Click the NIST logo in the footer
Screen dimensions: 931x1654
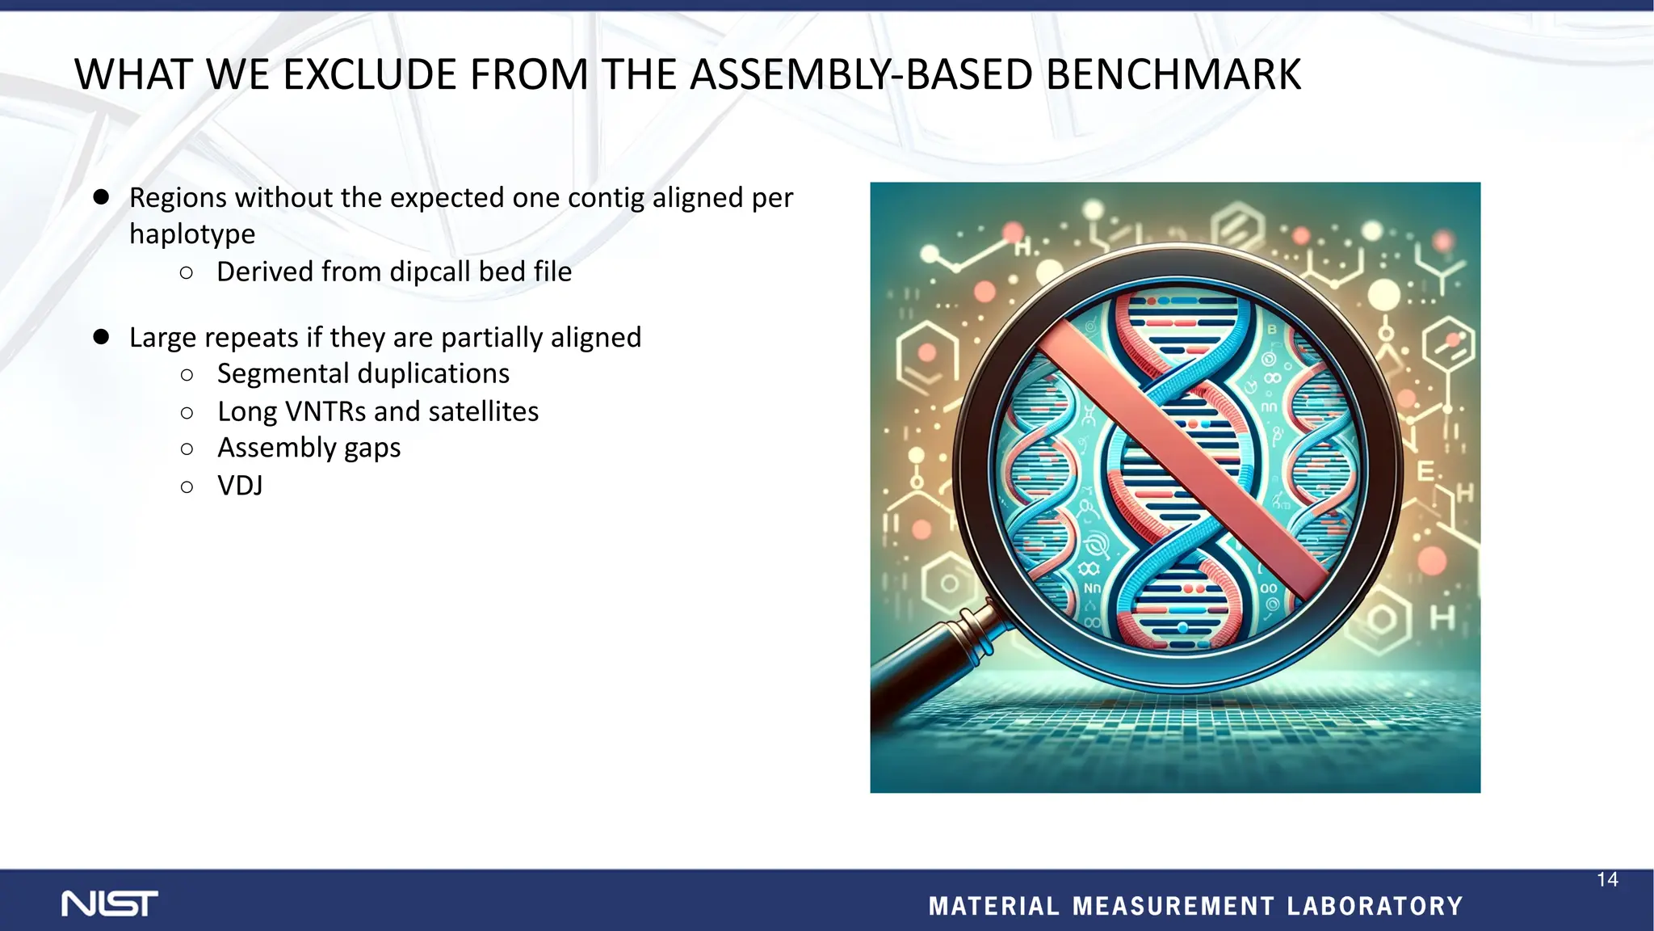click(x=110, y=904)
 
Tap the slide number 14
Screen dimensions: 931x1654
click(x=1607, y=880)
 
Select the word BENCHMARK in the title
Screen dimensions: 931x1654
click(x=1173, y=75)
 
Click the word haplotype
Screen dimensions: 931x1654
click(x=192, y=234)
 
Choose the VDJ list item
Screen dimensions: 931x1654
click(x=240, y=486)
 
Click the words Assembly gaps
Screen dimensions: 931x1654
click(x=309, y=448)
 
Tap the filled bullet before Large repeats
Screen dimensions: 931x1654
click(x=101, y=337)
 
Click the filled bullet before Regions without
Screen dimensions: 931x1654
click(x=101, y=197)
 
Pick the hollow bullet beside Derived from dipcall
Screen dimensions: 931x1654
click(x=187, y=273)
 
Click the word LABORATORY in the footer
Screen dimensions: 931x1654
click(x=1375, y=906)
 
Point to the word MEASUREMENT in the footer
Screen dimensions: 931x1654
click(x=1173, y=906)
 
